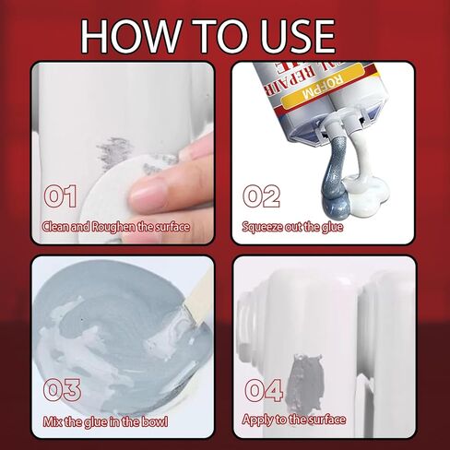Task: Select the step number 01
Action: tap(60, 196)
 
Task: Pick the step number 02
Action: tap(261, 195)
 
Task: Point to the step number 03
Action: tap(63, 390)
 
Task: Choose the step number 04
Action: tap(263, 390)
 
